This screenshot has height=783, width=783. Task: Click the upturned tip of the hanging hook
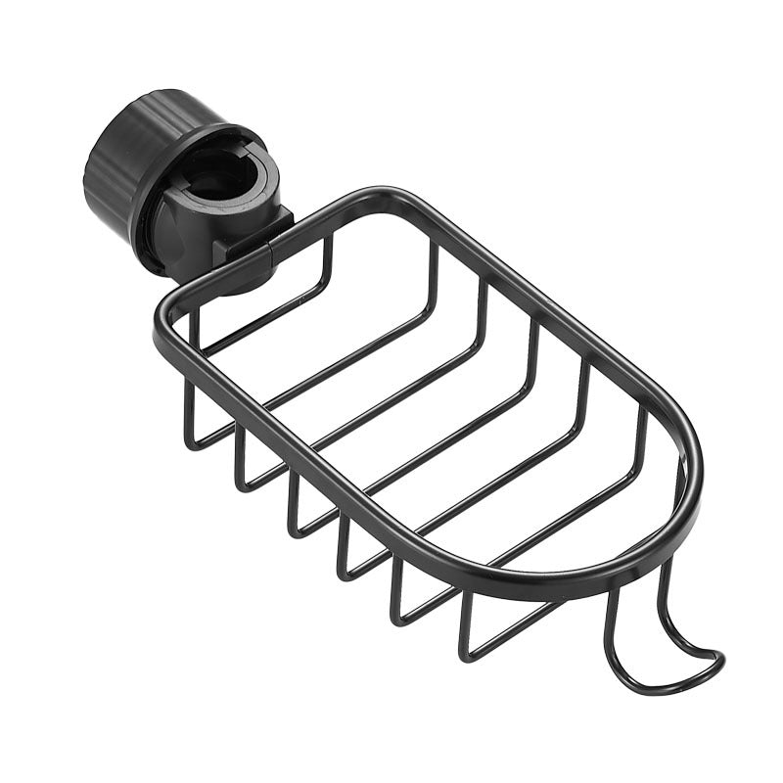coord(717,656)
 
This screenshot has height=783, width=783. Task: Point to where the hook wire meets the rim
coord(612,592)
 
